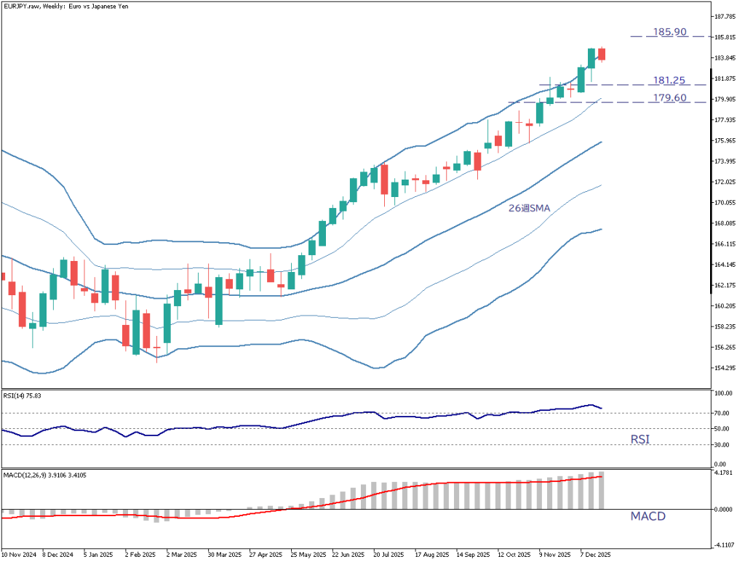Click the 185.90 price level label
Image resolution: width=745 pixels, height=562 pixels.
(x=670, y=33)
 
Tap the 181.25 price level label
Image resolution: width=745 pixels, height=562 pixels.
(x=669, y=81)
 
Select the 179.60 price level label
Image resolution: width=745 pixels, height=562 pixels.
(x=669, y=98)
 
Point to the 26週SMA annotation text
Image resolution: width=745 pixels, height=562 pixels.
(x=529, y=208)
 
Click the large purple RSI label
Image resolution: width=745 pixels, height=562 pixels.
(x=640, y=440)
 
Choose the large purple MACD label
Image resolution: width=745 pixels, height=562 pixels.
(x=648, y=516)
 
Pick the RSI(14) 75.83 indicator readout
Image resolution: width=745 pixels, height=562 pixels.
(x=23, y=396)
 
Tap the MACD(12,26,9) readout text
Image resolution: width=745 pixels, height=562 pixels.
(x=46, y=475)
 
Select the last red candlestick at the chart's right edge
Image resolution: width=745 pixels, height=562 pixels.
(x=602, y=54)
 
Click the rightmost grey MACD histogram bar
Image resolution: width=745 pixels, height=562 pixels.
(x=601, y=490)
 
